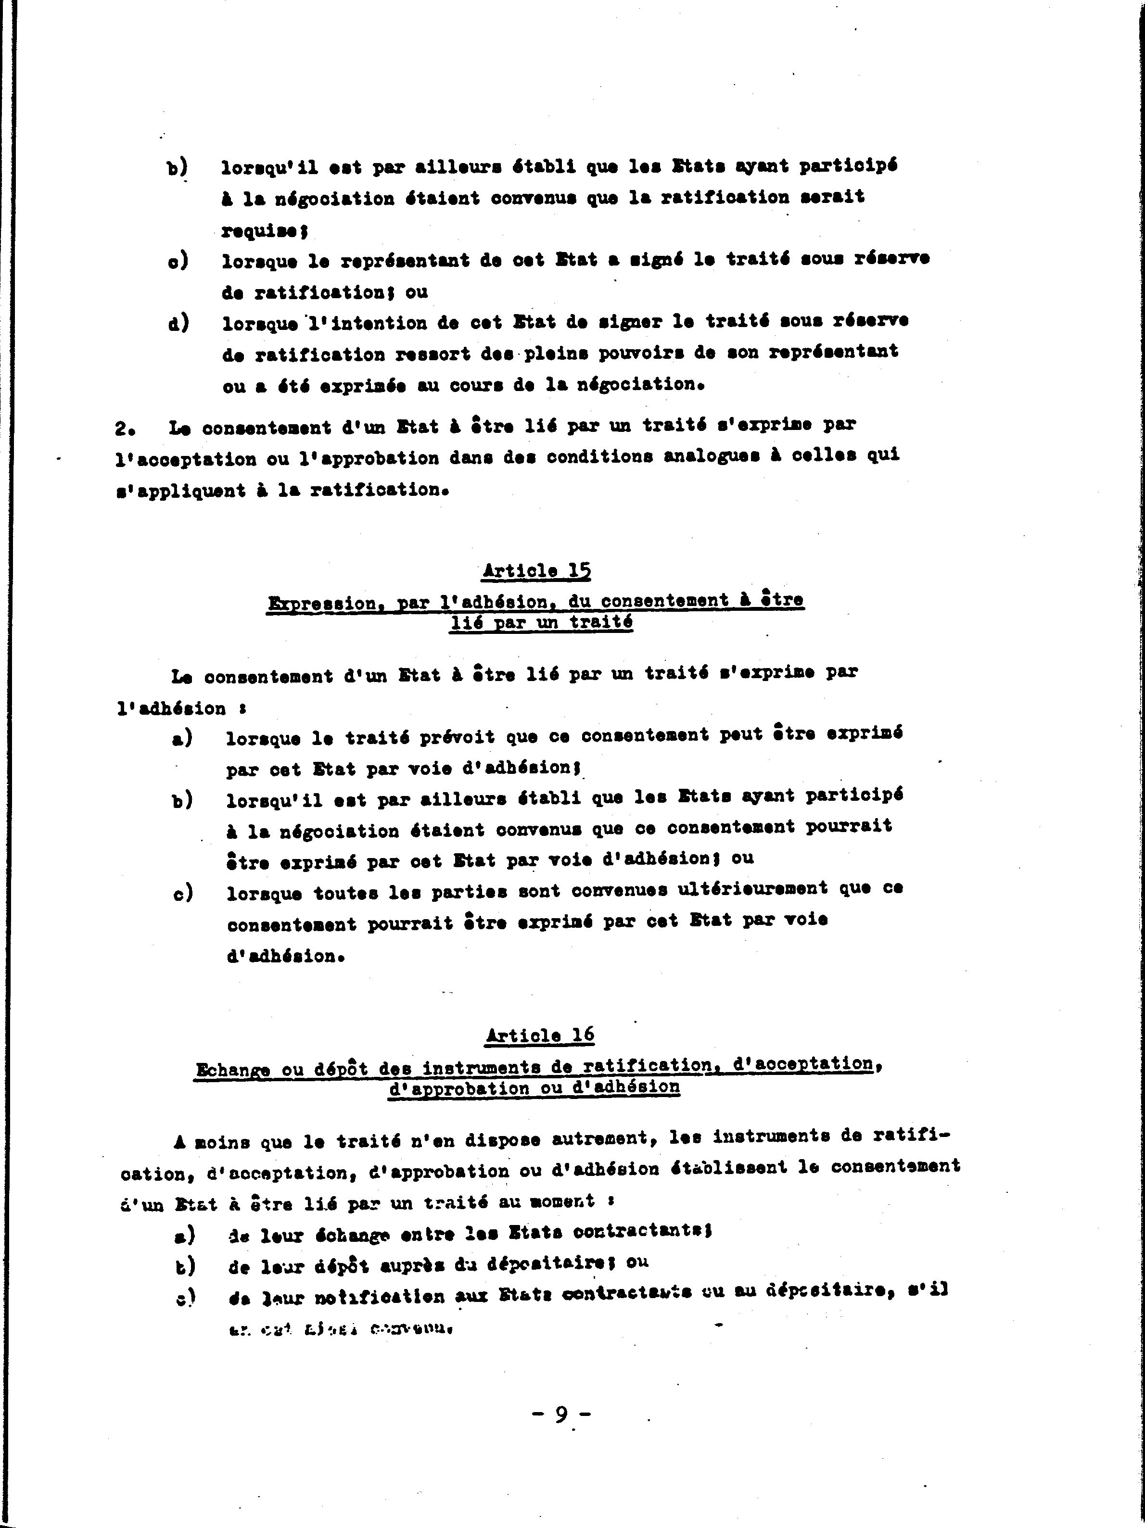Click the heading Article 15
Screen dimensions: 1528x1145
(x=537, y=570)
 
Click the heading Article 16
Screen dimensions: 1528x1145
(x=540, y=1035)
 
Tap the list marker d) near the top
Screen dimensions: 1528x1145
(x=178, y=323)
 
